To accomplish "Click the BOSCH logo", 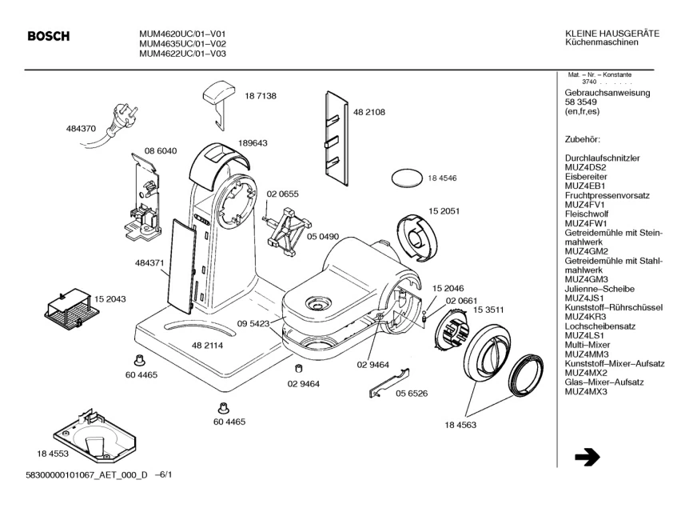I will point(50,36).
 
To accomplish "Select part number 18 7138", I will point(260,95).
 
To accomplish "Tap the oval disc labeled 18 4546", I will point(406,178).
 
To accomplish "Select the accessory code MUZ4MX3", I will point(586,392).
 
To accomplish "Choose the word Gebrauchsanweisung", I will point(607,93).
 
